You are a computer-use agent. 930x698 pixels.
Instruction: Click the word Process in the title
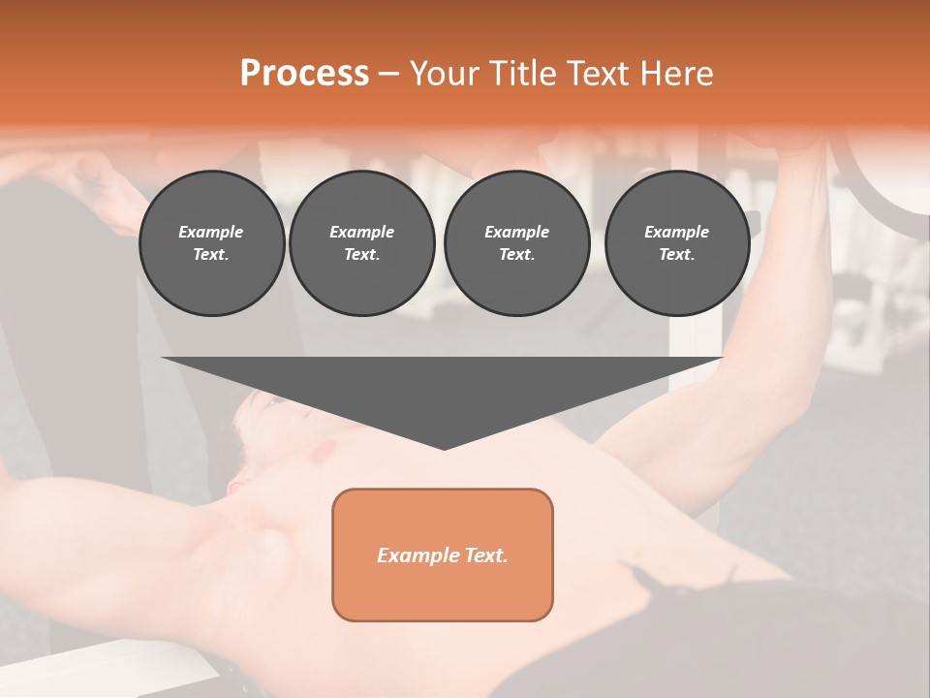(x=304, y=73)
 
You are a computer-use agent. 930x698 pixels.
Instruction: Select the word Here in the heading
(x=677, y=73)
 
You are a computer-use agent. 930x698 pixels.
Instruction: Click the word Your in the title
(x=445, y=73)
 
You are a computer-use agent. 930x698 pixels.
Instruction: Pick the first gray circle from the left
(x=211, y=243)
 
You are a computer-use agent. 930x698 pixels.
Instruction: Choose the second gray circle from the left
(x=361, y=243)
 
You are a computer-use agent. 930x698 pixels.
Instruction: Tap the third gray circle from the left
(x=516, y=243)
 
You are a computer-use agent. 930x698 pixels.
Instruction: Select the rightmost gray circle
(x=676, y=243)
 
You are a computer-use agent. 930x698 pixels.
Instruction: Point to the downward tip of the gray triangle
(x=444, y=448)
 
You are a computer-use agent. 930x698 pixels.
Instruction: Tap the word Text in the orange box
(x=484, y=555)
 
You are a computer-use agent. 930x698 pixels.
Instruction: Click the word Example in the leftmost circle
(x=211, y=232)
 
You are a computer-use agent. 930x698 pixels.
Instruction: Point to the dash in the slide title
(x=388, y=74)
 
